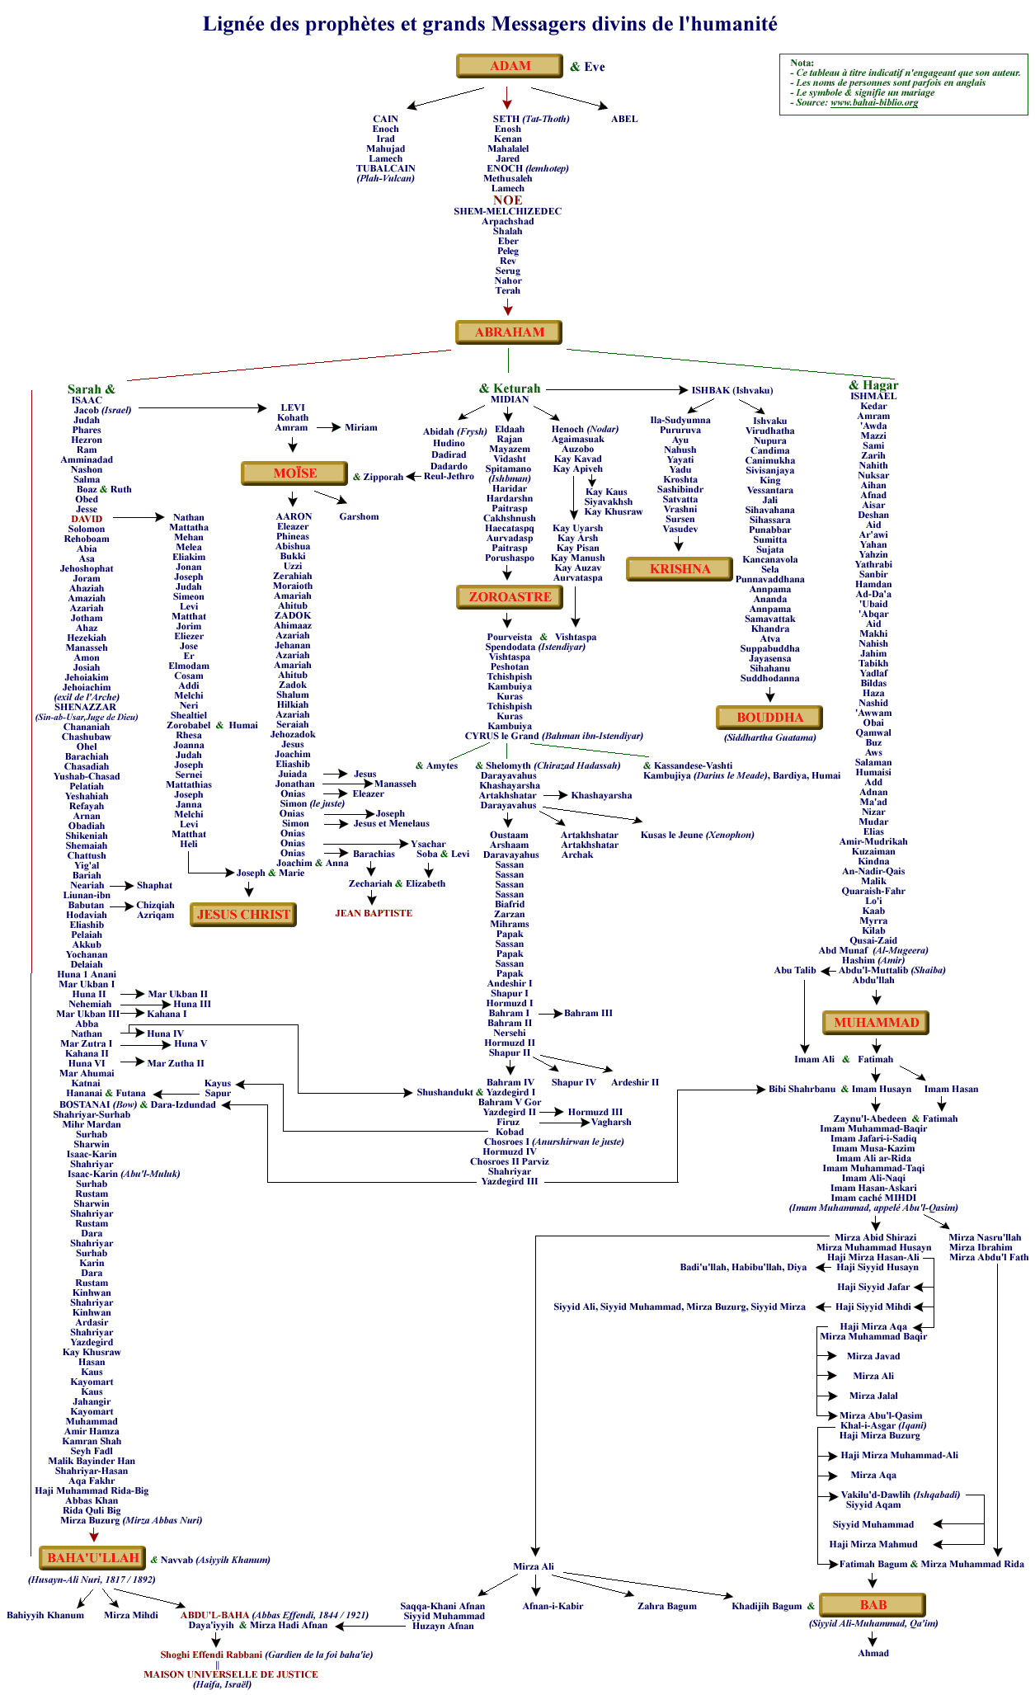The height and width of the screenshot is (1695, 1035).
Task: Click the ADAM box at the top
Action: tap(510, 66)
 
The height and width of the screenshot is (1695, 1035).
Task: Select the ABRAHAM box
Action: tap(509, 332)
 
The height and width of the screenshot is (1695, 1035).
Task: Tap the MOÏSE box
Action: tap(294, 473)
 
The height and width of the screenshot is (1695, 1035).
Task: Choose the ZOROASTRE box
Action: tap(510, 597)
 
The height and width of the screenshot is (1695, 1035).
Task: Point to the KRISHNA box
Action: tap(680, 569)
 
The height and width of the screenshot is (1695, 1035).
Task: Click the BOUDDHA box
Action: tap(769, 718)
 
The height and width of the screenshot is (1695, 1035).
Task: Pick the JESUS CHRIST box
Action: tap(243, 915)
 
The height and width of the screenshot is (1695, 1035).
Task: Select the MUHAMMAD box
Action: tap(876, 1023)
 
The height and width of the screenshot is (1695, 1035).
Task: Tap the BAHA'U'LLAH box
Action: tap(92, 1558)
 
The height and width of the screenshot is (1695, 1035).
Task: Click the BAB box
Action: tap(873, 1604)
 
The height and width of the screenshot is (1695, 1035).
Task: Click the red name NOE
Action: tap(507, 200)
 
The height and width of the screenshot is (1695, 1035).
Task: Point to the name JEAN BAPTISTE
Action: tap(374, 913)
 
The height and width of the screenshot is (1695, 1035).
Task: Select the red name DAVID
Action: tap(87, 519)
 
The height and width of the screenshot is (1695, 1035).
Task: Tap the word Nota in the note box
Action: tap(802, 63)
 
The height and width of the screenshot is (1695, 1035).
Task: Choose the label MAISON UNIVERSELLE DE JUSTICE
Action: tap(230, 1674)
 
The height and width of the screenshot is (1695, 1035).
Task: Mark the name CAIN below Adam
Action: tap(385, 119)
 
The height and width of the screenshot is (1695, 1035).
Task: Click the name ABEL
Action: tap(623, 119)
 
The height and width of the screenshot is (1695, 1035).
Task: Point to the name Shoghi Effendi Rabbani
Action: tap(212, 1655)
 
